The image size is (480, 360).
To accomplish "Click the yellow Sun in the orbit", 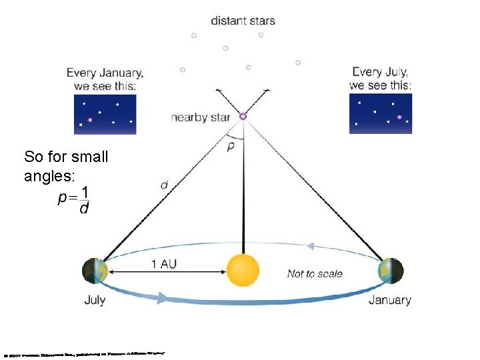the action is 243,271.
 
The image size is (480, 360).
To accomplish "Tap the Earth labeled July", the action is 95,271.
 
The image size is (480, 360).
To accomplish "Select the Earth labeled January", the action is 390,271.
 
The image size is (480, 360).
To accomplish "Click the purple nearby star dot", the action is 243,116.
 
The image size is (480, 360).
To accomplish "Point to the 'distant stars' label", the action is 243,20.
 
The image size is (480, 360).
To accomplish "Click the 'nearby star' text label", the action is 200,117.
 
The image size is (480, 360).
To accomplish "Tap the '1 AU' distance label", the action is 164,264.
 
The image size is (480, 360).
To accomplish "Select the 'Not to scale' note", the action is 315,273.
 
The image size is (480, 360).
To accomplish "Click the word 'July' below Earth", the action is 95,300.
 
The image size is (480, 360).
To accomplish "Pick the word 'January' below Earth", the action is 390,300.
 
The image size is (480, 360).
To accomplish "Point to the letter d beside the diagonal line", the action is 164,185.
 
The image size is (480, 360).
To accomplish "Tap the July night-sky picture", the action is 381,113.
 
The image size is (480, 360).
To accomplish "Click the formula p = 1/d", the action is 75,200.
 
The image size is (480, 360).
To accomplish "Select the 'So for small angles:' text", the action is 66,167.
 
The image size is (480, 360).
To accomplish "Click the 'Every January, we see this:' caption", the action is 105,79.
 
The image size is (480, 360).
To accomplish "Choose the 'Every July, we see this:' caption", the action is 381,79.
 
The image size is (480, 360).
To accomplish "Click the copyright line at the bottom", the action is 83,352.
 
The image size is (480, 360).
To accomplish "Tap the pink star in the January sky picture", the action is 90,121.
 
